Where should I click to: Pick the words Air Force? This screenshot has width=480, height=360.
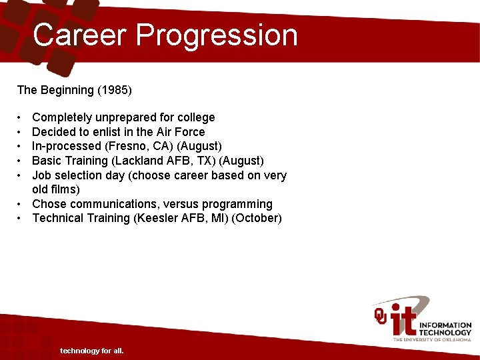coord(180,132)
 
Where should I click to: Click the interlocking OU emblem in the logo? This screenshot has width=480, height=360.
coord(380,316)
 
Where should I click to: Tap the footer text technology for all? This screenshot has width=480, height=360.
coord(91,351)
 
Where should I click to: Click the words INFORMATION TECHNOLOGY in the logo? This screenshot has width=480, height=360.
coord(445,329)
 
